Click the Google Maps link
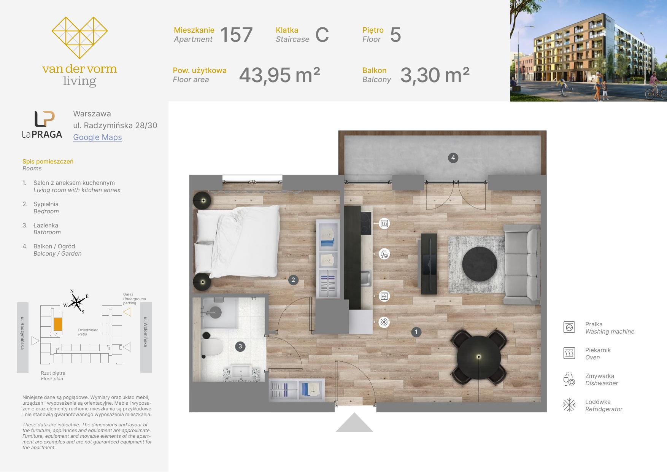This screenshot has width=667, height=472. (97, 137)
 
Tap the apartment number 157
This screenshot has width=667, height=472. (236, 35)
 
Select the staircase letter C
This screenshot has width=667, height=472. (322, 35)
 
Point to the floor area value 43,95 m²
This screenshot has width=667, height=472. (280, 75)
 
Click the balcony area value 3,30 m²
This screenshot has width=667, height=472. (435, 75)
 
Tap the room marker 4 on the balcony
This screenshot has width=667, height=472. (453, 157)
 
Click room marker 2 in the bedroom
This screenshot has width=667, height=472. (293, 280)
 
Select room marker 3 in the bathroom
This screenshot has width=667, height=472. (240, 346)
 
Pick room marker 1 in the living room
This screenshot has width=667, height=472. (416, 332)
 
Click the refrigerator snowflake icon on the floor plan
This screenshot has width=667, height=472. (384, 323)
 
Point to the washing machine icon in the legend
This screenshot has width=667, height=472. (569, 327)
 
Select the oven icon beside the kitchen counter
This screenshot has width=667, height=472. (384, 223)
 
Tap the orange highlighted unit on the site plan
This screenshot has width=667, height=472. (58, 324)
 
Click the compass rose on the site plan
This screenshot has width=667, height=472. (77, 302)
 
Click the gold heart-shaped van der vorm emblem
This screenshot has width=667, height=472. (79, 38)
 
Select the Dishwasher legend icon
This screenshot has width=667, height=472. (569, 379)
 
